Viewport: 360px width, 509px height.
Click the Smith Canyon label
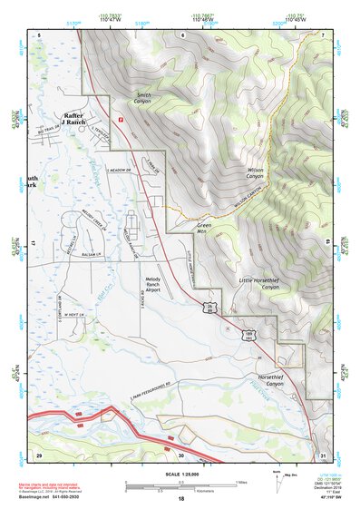[144, 98]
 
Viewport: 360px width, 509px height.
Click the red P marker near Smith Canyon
[118, 117]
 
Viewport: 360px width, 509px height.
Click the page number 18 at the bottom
[180, 499]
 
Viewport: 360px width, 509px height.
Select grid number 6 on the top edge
[181, 34]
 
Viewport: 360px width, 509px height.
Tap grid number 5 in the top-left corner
[39, 34]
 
